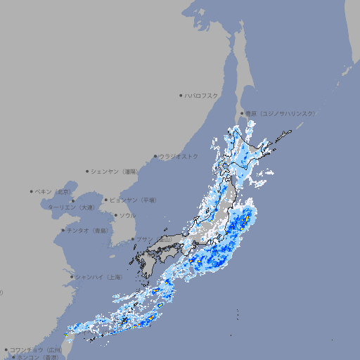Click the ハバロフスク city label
pyautogui.click(x=202, y=95)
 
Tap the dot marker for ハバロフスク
pyautogui.click(x=181, y=95)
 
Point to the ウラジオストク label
pyautogui.click(x=179, y=156)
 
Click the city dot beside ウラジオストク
pyautogui.click(x=155, y=156)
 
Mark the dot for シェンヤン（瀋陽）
pyautogui.click(x=88, y=171)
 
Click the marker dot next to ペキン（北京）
pyautogui.click(x=32, y=191)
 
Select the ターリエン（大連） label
pyautogui.click(x=71, y=207)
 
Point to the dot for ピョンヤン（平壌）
pyautogui.click(x=107, y=200)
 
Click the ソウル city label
pyautogui.click(x=127, y=215)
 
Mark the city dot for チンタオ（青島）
pyautogui.click(x=63, y=231)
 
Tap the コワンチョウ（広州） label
pyautogui.click(x=36, y=349)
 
